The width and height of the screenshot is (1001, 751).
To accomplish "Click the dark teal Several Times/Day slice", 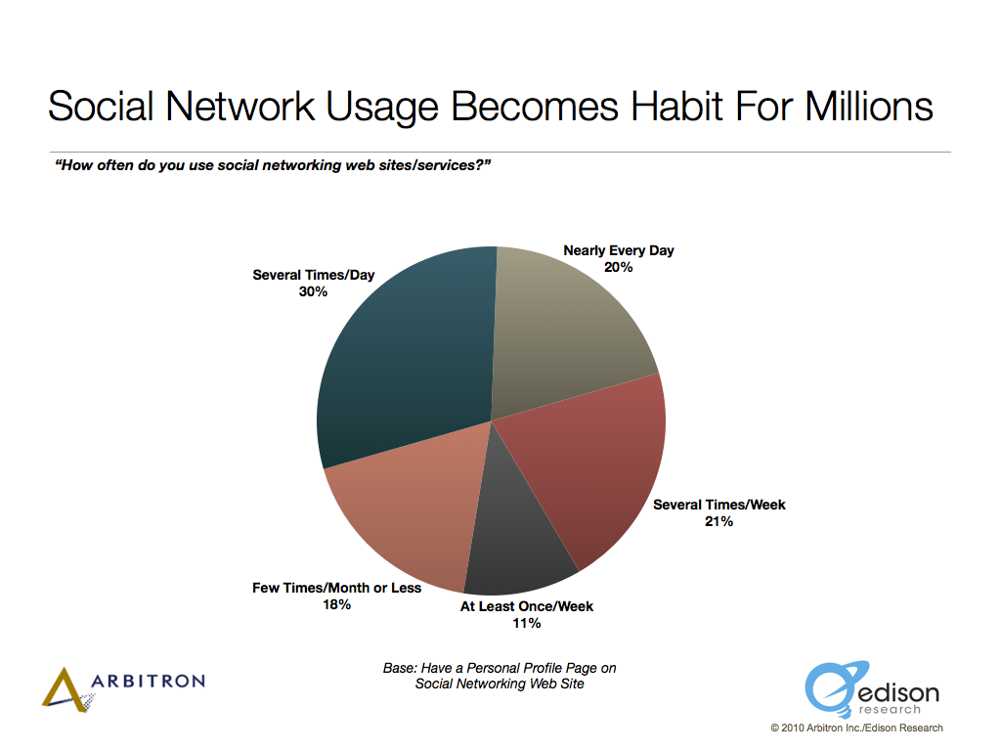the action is (409, 358).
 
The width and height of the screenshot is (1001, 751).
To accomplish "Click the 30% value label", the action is (313, 291).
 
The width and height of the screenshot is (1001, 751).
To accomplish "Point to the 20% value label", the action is (618, 268).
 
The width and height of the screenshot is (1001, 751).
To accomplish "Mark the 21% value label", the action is (718, 522).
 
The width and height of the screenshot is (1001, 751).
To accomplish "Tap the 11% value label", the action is (527, 623).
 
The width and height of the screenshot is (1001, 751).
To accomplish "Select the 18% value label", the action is (336, 604).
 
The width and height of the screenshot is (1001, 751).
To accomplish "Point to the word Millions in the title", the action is (869, 106).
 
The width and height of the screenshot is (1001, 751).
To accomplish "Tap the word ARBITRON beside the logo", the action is (149, 681).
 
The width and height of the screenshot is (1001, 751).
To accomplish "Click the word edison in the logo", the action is (899, 693).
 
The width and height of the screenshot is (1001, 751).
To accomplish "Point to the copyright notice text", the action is (856, 728).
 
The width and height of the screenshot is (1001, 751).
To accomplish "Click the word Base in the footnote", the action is (399, 668).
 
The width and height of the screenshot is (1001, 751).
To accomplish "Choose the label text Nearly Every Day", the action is (619, 251).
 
